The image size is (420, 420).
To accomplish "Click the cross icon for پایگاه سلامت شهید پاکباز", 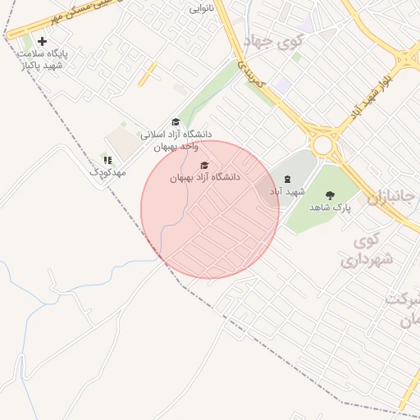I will (x=43, y=41).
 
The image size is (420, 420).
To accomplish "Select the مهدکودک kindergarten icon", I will (x=107, y=160).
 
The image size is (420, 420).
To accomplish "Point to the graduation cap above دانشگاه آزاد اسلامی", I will (x=175, y=122).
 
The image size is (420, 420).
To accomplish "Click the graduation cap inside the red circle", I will (x=204, y=165).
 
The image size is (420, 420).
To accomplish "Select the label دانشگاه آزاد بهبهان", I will (x=204, y=177).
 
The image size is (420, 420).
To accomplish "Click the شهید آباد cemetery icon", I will (x=286, y=179).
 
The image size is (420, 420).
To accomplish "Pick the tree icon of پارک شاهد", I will (x=330, y=195).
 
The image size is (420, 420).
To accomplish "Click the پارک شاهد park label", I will (x=330, y=208).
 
